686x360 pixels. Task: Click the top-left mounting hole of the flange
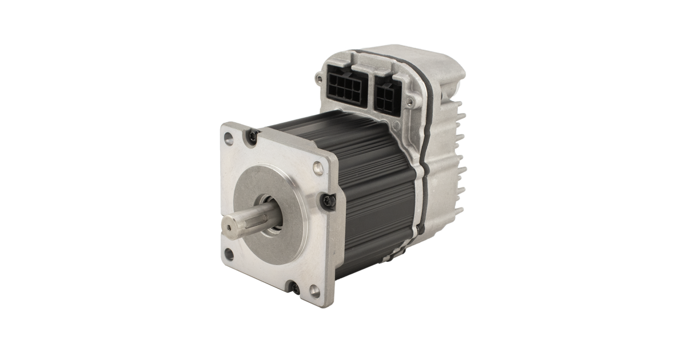229,138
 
